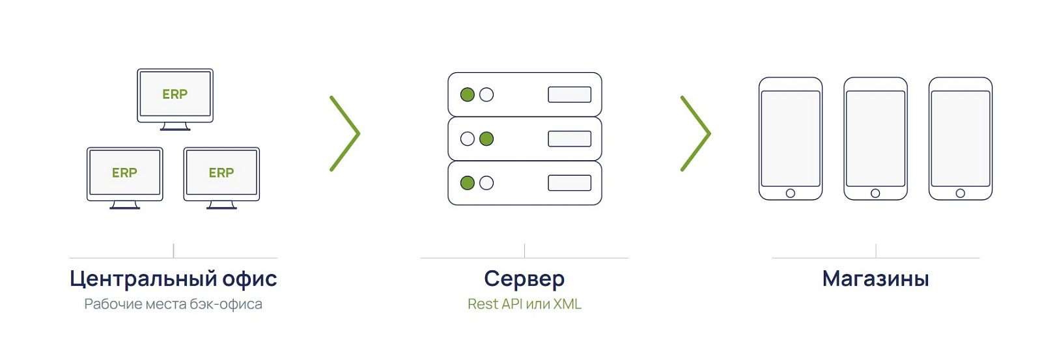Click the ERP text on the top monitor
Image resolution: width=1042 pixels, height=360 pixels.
[175, 94]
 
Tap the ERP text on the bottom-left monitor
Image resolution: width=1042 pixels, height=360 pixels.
[124, 173]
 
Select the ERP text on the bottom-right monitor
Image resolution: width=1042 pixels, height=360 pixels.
[221, 173]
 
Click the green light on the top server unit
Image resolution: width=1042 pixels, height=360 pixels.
[467, 95]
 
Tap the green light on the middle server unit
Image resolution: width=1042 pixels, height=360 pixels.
[486, 139]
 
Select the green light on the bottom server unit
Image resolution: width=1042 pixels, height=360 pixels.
[467, 183]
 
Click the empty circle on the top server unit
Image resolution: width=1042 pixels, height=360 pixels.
[486, 95]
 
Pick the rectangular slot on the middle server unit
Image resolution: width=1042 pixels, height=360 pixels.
[569, 139]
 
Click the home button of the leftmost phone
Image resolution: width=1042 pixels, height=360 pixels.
[791, 193]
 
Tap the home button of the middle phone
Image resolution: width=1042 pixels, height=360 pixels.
[875, 193]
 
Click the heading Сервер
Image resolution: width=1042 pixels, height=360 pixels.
[524, 279]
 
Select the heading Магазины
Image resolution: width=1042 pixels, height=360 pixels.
[875, 279]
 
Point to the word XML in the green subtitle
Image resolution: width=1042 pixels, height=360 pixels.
[567, 304]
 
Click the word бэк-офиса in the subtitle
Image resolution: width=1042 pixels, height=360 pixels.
[227, 304]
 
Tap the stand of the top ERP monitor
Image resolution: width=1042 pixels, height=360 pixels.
[175, 126]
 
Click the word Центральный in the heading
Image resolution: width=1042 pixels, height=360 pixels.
[143, 279]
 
